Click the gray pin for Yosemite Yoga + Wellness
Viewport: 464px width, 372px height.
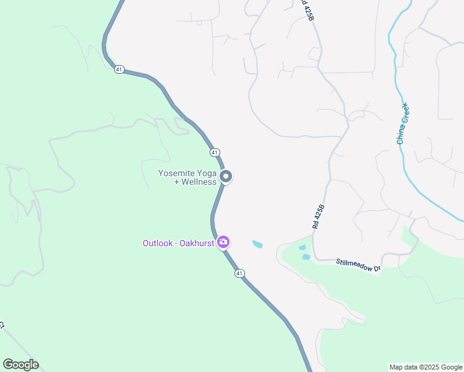[x=226, y=177]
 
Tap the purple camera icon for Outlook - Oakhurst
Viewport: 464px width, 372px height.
[x=223, y=242]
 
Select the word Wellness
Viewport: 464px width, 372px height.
[x=199, y=182]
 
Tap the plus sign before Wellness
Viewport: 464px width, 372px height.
[x=177, y=182]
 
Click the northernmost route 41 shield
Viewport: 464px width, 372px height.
[x=118, y=69]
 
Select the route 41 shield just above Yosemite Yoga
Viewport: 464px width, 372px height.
[x=214, y=152]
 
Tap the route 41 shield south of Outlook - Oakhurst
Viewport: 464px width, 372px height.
[x=239, y=273]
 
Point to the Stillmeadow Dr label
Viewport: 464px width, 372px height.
[x=359, y=265]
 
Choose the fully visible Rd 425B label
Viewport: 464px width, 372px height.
[x=319, y=217]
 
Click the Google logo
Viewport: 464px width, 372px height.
[x=20, y=364]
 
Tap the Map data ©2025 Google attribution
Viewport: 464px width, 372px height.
[x=426, y=367]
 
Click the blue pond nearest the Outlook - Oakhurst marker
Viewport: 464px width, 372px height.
[x=257, y=244]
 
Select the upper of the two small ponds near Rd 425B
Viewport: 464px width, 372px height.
[x=303, y=247]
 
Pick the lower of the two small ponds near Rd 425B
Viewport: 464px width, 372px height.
[x=306, y=257]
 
